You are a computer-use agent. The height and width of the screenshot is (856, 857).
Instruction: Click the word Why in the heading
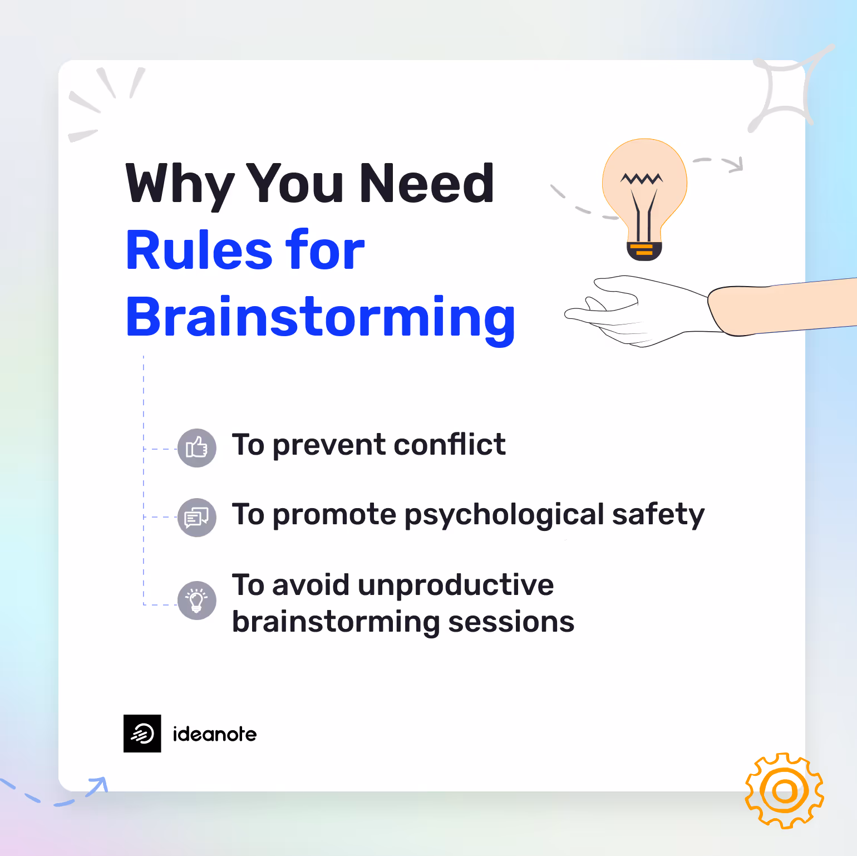[180, 184]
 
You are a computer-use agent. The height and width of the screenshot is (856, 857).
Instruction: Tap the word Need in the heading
[427, 184]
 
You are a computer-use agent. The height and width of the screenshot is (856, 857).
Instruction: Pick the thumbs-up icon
[197, 448]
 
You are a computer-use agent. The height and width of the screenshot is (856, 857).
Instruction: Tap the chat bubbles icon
[197, 518]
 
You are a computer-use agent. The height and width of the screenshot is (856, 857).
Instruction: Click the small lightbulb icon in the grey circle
[197, 601]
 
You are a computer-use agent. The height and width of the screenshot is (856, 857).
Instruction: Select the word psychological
[504, 515]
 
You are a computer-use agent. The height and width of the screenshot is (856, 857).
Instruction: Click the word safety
[658, 515]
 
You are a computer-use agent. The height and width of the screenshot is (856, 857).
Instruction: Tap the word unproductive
[456, 585]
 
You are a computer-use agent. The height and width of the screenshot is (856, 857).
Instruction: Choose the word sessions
[511, 622]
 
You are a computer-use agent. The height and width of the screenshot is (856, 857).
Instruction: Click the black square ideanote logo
[142, 734]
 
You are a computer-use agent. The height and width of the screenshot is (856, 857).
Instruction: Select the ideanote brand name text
[215, 734]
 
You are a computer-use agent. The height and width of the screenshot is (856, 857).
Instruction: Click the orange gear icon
[784, 790]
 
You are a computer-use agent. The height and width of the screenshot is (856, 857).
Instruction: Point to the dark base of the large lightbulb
[644, 251]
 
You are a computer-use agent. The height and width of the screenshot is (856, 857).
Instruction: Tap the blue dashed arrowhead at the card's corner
[100, 784]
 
